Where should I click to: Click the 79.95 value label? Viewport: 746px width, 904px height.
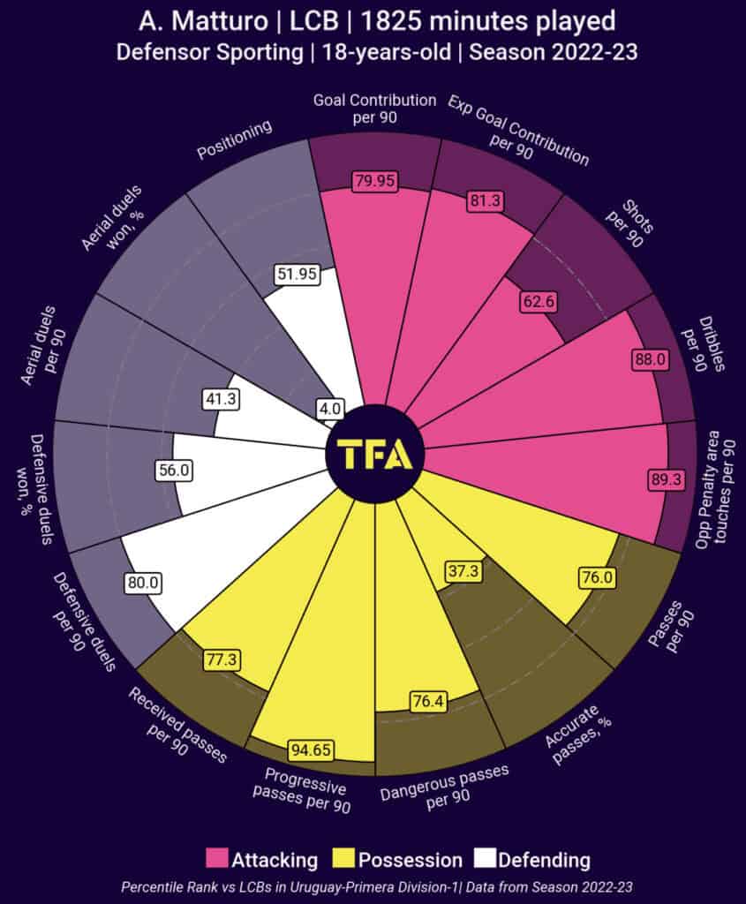coord(374,181)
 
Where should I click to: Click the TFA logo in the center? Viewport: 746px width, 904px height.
coord(374,454)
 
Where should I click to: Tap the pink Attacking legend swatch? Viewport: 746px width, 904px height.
coord(216,858)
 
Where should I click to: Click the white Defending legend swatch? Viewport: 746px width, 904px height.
coord(484,858)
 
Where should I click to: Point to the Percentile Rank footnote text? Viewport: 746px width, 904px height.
coord(373,886)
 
